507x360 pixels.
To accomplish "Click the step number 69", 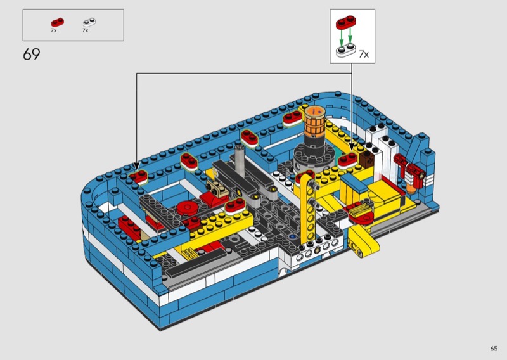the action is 31,55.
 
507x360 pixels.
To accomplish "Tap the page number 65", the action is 494,349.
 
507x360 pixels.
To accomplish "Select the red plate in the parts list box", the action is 58,22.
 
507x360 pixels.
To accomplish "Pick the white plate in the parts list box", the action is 89,22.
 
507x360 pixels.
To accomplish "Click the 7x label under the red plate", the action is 54,30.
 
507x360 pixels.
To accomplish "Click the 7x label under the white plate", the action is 86,30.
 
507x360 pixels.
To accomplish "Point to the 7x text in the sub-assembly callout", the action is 364,54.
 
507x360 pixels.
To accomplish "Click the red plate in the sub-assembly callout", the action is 345,23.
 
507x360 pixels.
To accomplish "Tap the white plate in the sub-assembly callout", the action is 345,51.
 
